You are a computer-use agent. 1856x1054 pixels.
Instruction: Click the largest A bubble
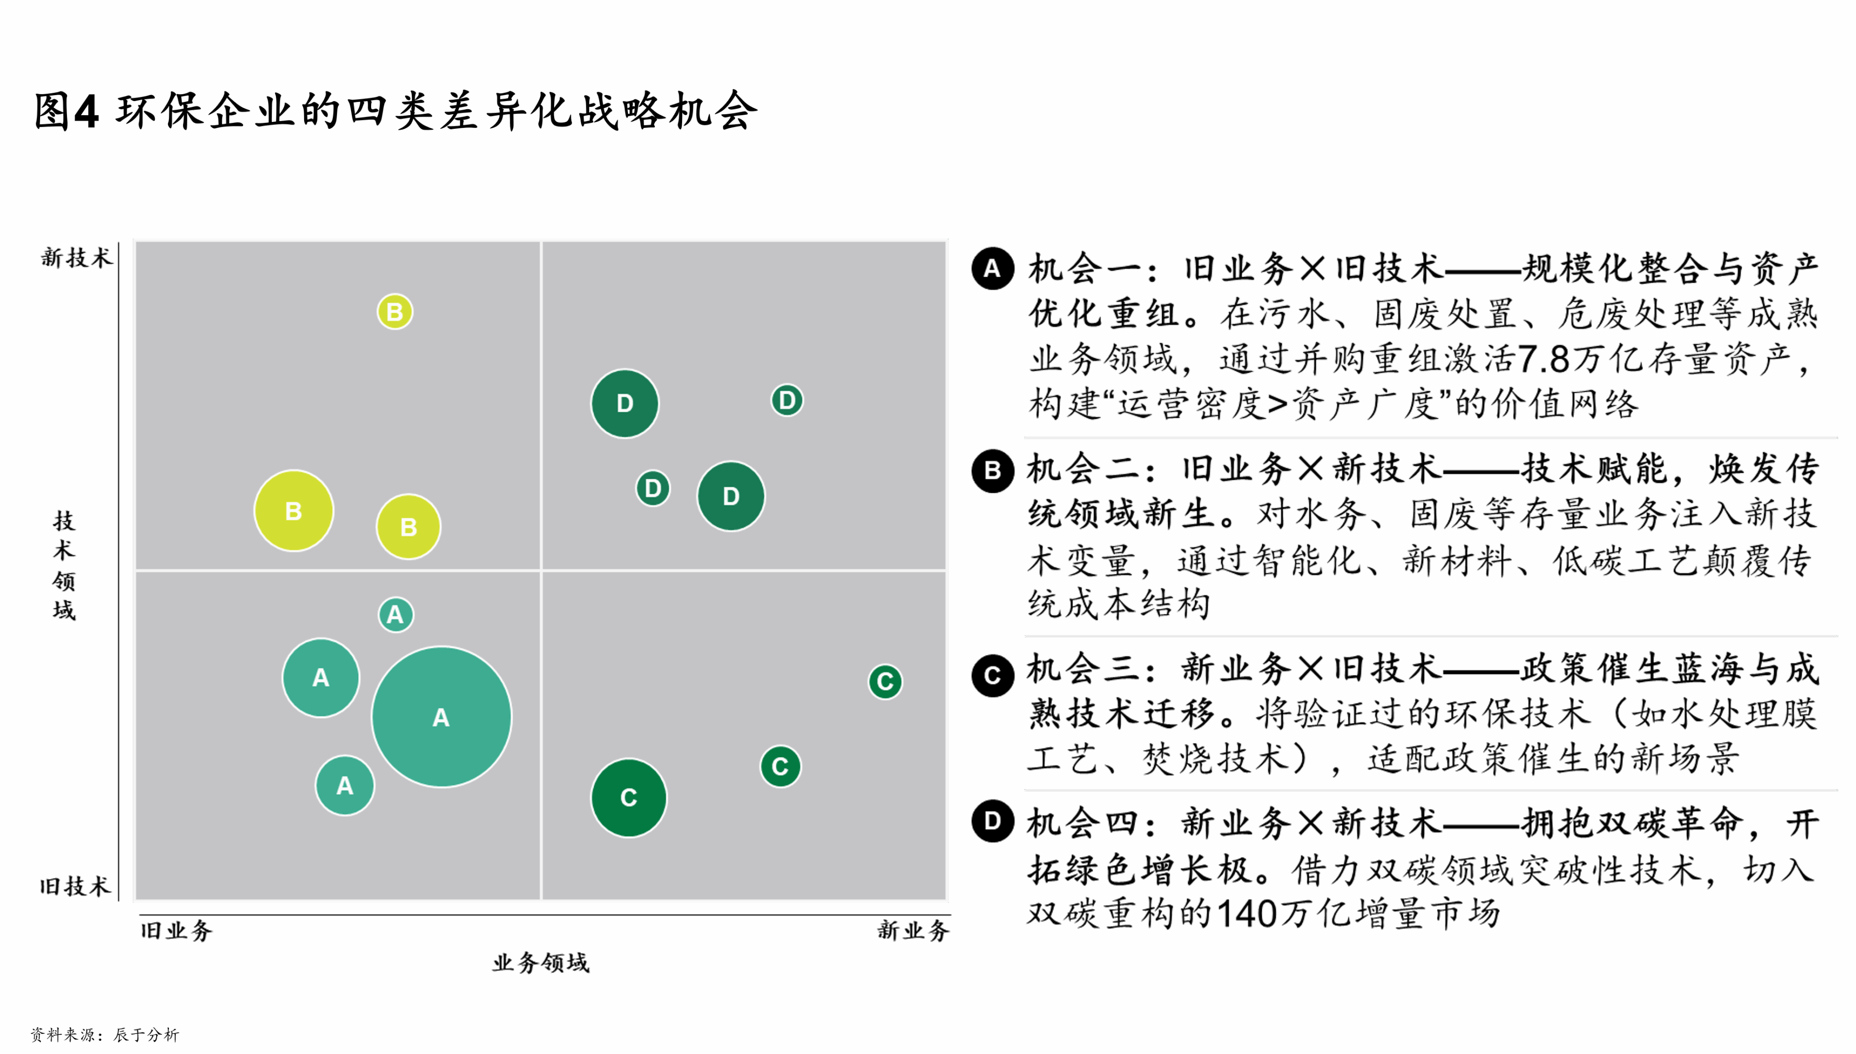[441, 717]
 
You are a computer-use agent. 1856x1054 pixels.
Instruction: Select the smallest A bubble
[396, 615]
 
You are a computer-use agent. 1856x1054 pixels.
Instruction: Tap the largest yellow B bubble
[293, 511]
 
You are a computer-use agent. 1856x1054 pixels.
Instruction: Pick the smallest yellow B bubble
[395, 312]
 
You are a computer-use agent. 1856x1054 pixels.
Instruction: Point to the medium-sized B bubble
[408, 527]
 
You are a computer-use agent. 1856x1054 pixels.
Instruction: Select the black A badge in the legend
[992, 268]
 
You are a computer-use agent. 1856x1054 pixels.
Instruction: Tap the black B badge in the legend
[992, 470]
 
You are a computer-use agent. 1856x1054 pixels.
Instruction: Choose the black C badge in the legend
[992, 675]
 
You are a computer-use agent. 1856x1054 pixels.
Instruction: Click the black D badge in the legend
[992, 821]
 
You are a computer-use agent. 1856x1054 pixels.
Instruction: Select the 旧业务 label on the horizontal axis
[176, 930]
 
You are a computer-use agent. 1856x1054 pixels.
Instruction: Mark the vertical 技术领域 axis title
[64, 565]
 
